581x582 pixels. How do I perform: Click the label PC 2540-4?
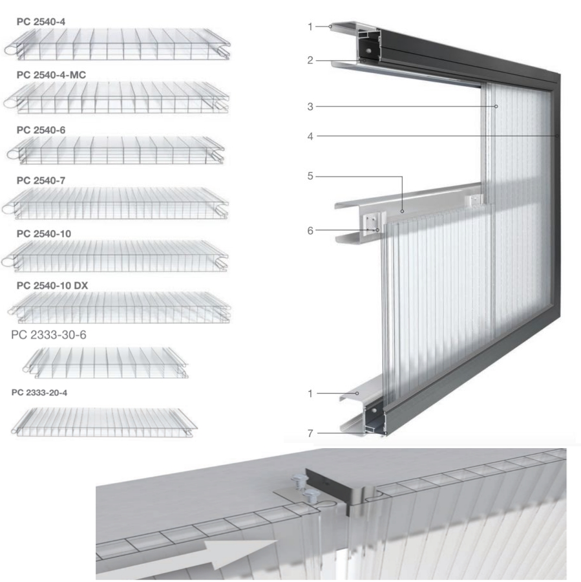(41, 22)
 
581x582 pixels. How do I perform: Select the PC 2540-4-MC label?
(51, 75)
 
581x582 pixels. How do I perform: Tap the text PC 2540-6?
(41, 130)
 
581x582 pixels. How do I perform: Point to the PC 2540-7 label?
(41, 180)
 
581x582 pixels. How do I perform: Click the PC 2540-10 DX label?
(52, 285)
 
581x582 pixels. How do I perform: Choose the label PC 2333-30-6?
(48, 335)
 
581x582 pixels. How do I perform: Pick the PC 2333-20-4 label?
(39, 393)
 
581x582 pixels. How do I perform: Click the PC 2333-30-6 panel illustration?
(105, 363)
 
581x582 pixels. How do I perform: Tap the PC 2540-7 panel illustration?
(116, 204)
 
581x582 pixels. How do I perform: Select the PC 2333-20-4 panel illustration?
(104, 422)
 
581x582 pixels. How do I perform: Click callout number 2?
(310, 60)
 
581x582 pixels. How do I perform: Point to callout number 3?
(310, 107)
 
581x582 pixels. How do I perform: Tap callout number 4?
(310, 136)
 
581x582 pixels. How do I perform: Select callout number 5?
(310, 176)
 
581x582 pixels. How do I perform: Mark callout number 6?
(310, 230)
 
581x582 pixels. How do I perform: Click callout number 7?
(310, 433)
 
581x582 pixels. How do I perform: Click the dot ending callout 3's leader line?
(496, 107)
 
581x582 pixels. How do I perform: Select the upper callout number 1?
(310, 27)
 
